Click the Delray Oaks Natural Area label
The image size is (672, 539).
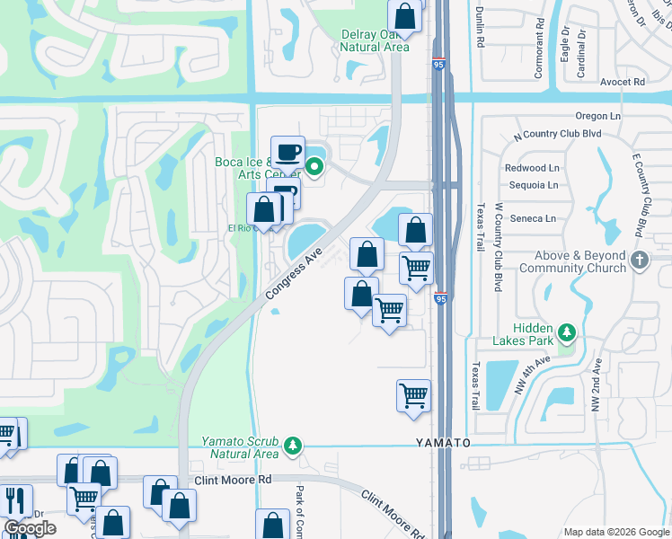[376, 41]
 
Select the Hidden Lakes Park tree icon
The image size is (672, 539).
[566, 332]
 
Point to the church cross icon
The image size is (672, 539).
[639, 261]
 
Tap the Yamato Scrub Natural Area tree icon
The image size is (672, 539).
[292, 446]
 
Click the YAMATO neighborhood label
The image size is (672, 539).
[443, 444]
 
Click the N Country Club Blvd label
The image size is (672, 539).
[557, 135]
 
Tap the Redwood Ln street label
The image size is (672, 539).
[532, 168]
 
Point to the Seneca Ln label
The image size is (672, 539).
[534, 218]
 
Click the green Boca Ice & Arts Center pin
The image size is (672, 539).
[314, 165]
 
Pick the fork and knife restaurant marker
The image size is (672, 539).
[15, 499]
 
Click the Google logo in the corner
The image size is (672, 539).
[30, 528]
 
